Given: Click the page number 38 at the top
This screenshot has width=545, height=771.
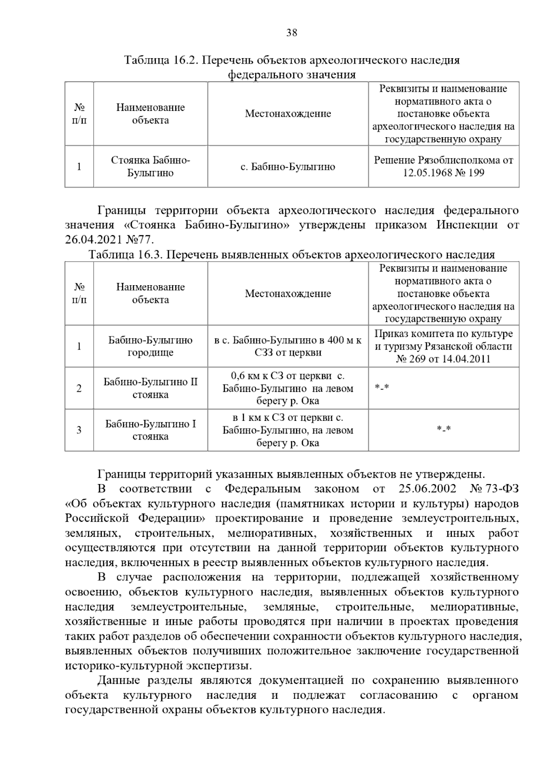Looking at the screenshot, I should (292, 32).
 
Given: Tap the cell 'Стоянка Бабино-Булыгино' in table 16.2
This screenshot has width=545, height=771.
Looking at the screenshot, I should (150, 167).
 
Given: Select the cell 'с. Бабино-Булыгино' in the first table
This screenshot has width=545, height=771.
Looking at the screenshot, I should (287, 167).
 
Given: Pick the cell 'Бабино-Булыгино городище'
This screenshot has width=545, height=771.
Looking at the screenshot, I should (150, 346).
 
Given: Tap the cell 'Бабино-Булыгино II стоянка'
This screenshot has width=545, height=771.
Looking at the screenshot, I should (150, 388).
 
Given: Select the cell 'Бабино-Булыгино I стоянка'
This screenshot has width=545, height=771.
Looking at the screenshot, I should (150, 430).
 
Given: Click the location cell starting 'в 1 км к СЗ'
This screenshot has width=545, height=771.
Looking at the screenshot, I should (287, 430).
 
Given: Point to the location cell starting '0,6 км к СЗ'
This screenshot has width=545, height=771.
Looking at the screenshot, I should (287, 388).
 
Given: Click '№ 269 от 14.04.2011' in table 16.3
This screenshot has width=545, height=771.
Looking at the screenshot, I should (443, 359).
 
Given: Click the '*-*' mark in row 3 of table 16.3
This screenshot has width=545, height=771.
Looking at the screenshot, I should (443, 429).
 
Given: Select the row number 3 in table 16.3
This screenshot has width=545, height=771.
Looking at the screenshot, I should (79, 430).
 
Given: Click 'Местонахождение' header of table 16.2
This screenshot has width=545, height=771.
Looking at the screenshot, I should (287, 114).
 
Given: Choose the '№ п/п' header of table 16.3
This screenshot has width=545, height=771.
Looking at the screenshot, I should (79, 293).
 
